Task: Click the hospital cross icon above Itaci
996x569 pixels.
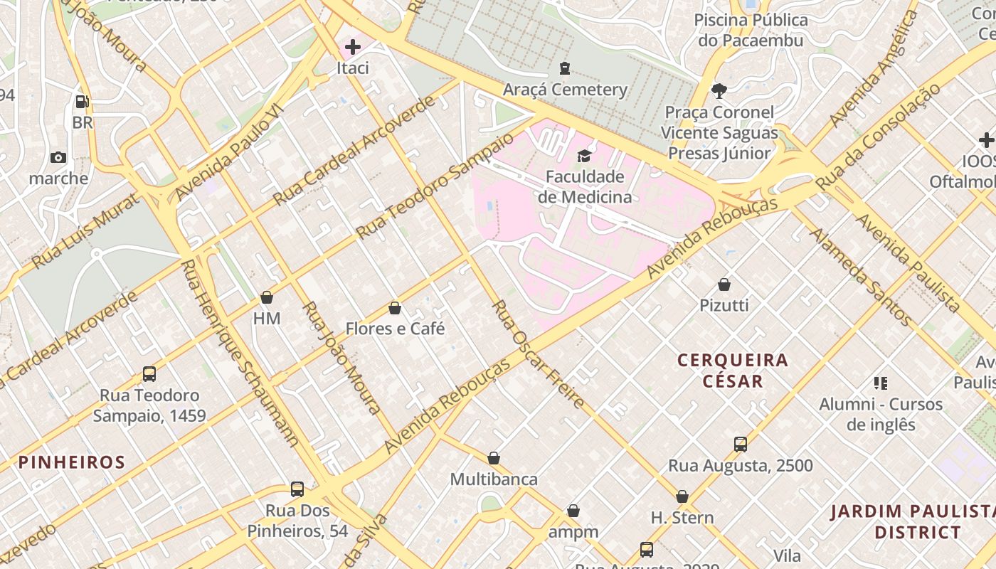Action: [352, 48]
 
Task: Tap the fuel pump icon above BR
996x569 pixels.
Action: [82, 102]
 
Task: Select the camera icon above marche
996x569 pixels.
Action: [58, 157]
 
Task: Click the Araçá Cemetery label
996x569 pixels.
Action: [565, 90]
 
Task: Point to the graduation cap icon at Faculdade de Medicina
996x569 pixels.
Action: [584, 156]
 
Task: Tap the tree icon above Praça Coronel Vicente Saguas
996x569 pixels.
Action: [719, 90]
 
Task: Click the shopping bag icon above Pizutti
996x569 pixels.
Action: [724, 284]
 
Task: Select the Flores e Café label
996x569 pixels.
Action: [395, 329]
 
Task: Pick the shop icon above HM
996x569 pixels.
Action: [267, 297]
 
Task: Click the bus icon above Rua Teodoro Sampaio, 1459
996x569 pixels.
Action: [149, 373]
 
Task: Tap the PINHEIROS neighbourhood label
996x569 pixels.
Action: [72, 462]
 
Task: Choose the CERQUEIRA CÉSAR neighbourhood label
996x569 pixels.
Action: [733, 371]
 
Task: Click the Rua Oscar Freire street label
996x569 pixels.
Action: [539, 354]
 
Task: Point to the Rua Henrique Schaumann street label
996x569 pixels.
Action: [239, 353]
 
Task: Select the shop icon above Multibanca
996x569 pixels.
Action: [494, 458]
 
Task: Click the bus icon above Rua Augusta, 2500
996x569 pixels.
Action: [741, 445]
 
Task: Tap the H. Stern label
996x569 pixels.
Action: [682, 517]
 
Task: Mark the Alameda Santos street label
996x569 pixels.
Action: [860, 277]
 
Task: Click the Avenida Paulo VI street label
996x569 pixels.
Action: [229, 151]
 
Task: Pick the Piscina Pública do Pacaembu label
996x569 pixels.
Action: [751, 30]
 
